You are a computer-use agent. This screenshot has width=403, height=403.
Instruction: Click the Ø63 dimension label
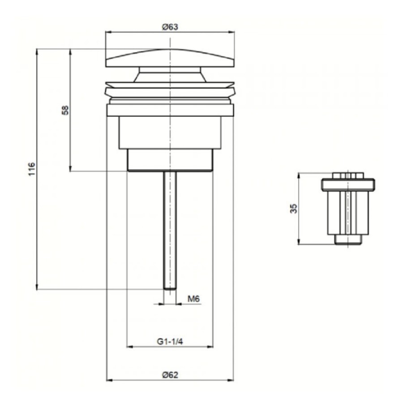tap(170, 27)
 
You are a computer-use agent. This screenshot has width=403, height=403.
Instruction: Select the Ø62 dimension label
tap(170, 375)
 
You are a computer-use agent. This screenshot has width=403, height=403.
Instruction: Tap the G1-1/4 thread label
tap(170, 342)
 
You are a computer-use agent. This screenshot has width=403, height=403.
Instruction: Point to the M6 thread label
tap(193, 299)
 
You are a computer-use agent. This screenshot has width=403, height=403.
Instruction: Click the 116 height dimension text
tap(32, 169)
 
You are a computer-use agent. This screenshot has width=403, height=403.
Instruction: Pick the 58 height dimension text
tap(65, 110)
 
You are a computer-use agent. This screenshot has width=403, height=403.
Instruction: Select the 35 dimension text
tap(293, 208)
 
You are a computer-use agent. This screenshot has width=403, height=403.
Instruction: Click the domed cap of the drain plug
tap(170, 58)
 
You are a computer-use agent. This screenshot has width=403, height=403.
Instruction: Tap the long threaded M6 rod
tap(170, 230)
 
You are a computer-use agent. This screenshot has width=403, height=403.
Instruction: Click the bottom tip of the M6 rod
tap(170, 289)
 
